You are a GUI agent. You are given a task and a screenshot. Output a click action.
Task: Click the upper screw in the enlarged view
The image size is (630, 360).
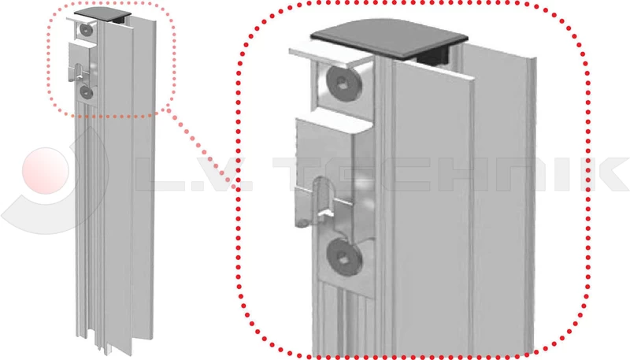click(x=344, y=84)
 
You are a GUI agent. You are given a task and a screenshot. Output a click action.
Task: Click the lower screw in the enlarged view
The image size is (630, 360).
click(x=343, y=257)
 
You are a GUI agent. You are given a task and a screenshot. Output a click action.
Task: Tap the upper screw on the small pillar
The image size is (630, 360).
click(x=87, y=30)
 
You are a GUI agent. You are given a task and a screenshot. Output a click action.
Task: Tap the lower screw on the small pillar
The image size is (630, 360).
click(x=87, y=92)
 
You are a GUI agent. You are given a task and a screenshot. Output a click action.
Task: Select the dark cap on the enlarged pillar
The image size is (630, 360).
click(x=389, y=38)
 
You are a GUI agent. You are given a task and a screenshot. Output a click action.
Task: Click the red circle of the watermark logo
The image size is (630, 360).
click(x=46, y=171)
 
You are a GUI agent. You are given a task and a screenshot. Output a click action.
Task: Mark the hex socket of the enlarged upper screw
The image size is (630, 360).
click(x=343, y=84)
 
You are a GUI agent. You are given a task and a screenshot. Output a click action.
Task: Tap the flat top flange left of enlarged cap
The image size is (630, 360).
click(x=329, y=56)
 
